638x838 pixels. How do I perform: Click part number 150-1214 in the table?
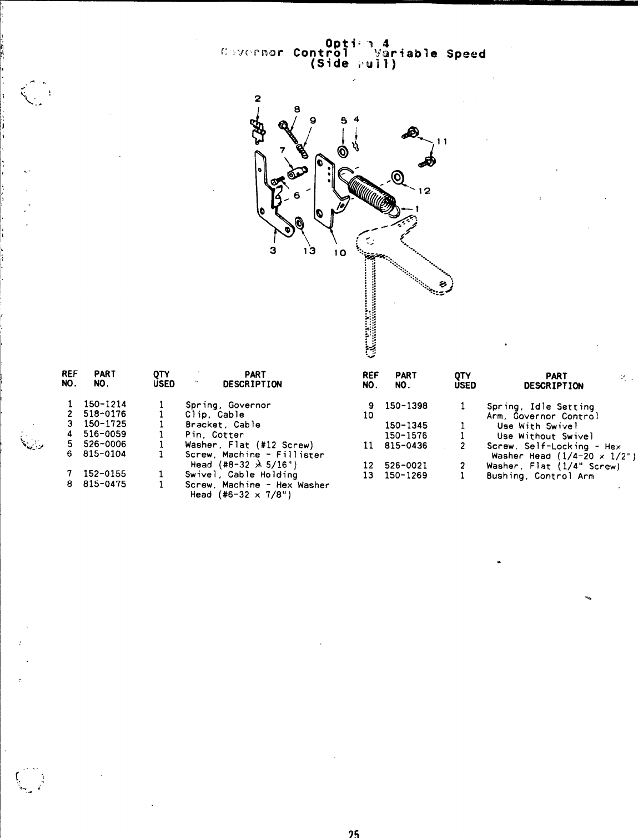point(104,405)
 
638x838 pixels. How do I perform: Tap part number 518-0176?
point(104,415)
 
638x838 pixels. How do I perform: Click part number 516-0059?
point(104,435)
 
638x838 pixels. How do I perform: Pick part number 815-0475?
point(104,484)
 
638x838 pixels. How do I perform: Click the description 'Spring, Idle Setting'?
point(540,407)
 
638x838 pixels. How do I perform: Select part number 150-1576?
point(406,436)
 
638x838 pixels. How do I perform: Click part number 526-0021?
point(406,466)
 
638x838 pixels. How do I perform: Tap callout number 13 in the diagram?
point(309,250)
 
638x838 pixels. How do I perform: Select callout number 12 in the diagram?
point(425,191)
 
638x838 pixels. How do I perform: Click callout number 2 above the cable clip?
point(257,99)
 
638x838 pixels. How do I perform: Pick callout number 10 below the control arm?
point(340,253)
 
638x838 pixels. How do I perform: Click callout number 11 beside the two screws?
point(443,142)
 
